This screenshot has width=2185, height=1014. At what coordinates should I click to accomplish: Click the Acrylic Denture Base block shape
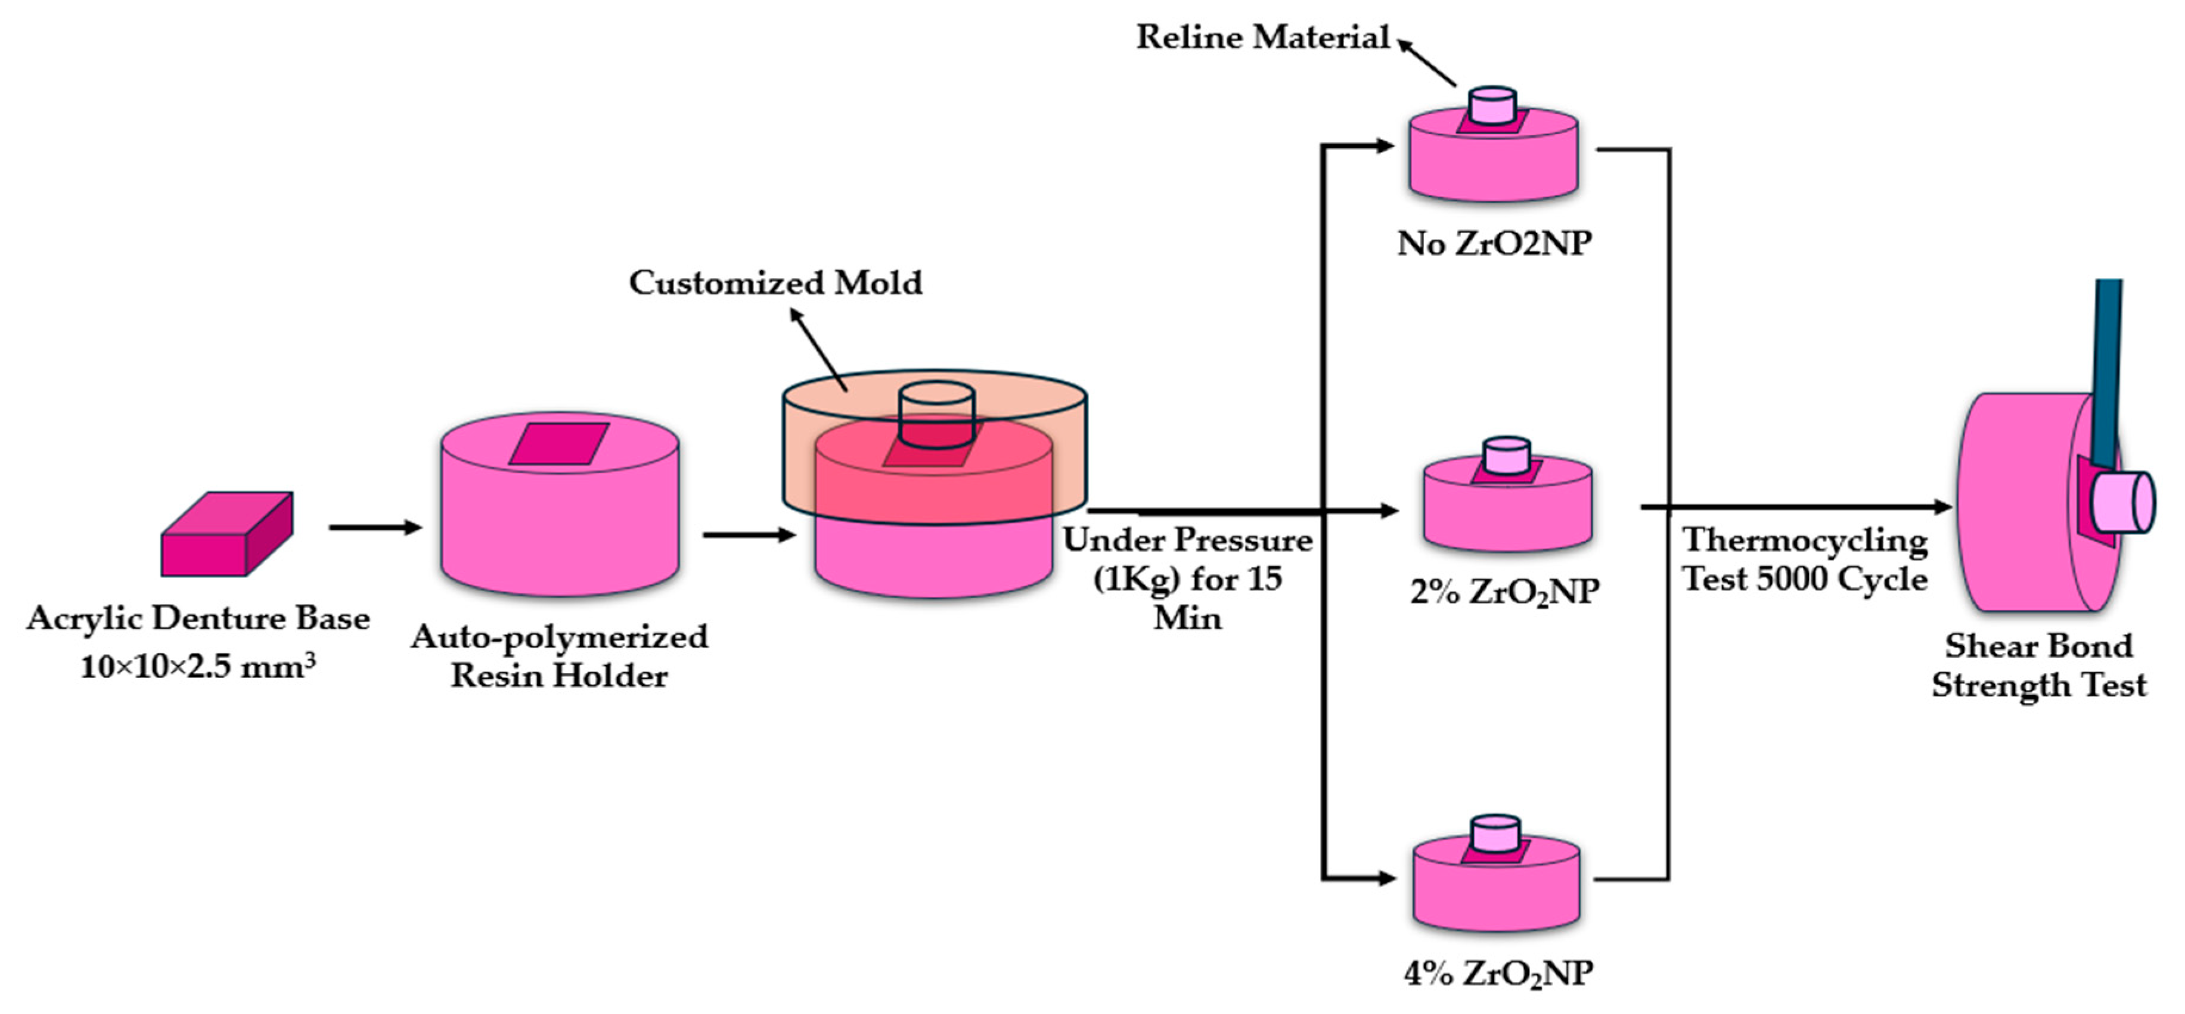pos(226,534)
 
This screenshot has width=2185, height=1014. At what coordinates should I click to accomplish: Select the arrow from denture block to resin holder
pos(375,527)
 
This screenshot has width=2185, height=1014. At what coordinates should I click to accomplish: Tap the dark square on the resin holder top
pos(559,443)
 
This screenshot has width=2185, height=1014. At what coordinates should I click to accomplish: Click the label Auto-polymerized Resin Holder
pos(559,656)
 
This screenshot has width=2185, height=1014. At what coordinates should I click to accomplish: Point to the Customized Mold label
pos(775,282)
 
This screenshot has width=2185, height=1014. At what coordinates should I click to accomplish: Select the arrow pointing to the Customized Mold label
pos(818,349)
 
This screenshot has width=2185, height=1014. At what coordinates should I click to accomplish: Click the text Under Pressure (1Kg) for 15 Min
pos(1187,579)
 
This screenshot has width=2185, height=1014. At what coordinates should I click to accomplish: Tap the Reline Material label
pos(1262,38)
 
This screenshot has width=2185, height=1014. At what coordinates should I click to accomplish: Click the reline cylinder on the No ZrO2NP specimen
pos(1493,106)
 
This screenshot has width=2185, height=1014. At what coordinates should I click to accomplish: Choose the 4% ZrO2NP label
pos(1498,973)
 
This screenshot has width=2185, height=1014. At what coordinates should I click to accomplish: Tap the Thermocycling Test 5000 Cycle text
pos(1805,559)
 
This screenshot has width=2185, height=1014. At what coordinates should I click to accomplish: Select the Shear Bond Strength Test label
pos(2039,665)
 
